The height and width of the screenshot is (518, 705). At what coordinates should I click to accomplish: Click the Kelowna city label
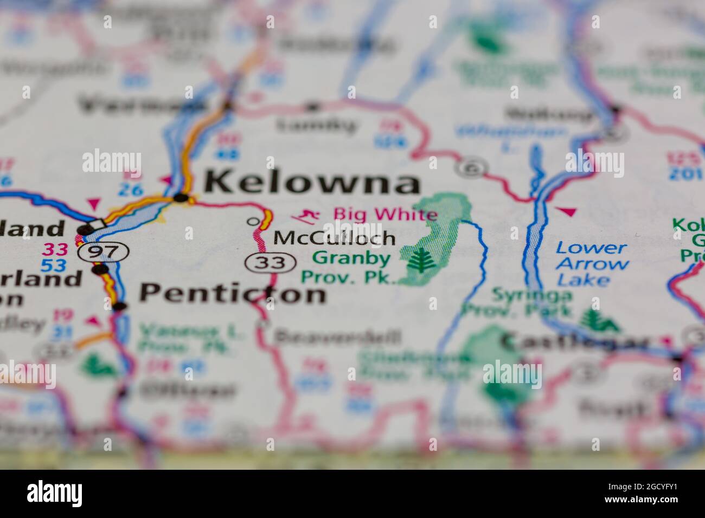coord(312,183)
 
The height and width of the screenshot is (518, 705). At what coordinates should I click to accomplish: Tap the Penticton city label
coord(233,294)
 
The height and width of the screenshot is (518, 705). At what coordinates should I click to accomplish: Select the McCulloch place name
coord(334,238)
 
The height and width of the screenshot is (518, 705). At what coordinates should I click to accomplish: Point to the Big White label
coord(385,214)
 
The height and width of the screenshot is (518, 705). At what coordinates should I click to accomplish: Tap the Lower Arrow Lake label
coord(592,264)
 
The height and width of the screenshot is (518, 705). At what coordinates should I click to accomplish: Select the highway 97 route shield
coord(103,251)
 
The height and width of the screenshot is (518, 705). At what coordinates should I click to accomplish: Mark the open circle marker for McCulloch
coord(252,221)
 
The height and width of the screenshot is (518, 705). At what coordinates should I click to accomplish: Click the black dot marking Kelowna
coord(181,198)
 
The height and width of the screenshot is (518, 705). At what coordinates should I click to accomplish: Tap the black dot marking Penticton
coord(120,307)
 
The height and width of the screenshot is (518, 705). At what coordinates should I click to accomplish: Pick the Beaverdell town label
coord(337,337)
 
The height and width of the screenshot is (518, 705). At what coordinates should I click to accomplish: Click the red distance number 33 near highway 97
coord(55,249)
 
